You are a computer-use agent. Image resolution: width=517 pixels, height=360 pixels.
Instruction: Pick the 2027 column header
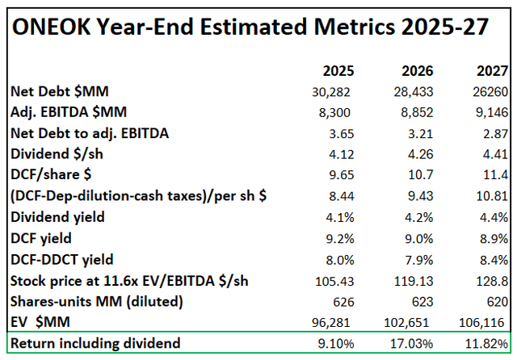[491, 70]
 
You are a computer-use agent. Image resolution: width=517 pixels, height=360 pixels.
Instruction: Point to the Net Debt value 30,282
[333, 91]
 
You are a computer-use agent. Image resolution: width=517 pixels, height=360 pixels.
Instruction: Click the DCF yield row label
[42, 238]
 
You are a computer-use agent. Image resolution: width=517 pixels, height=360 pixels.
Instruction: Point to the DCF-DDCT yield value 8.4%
[495, 259]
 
